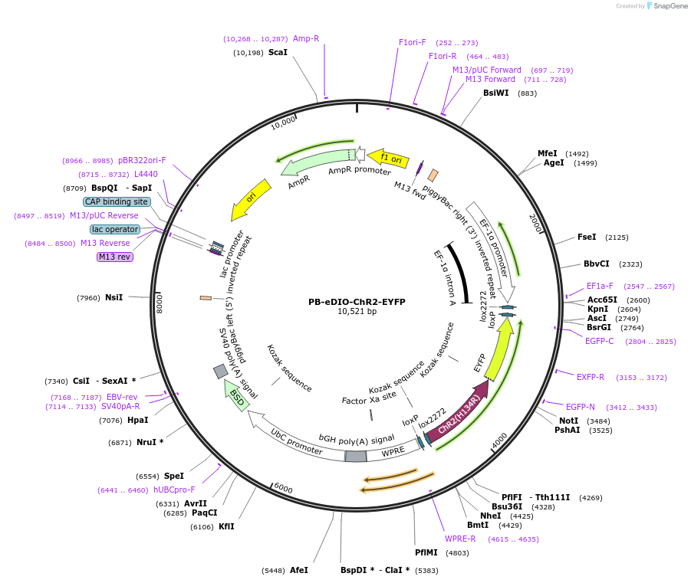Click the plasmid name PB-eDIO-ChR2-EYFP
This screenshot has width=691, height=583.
coord(357,302)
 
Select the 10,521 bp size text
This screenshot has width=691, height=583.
coord(357,312)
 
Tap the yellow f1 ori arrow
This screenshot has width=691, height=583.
coord(387,159)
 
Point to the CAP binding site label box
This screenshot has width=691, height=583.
coord(116,201)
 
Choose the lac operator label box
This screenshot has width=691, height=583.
coord(115,229)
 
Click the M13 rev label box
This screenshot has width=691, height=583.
coord(115,257)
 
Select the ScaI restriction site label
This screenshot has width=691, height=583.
coord(278,53)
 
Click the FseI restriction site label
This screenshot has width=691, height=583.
coord(587,237)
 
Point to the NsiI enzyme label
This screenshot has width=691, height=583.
coord(114,297)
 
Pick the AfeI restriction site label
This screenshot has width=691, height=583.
coord(299,570)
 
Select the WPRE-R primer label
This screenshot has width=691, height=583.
coord(460,539)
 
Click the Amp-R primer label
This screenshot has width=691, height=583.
coord(306,38)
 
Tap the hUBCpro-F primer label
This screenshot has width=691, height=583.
coord(174,490)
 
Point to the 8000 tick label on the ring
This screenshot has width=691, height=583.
coord(160,303)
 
